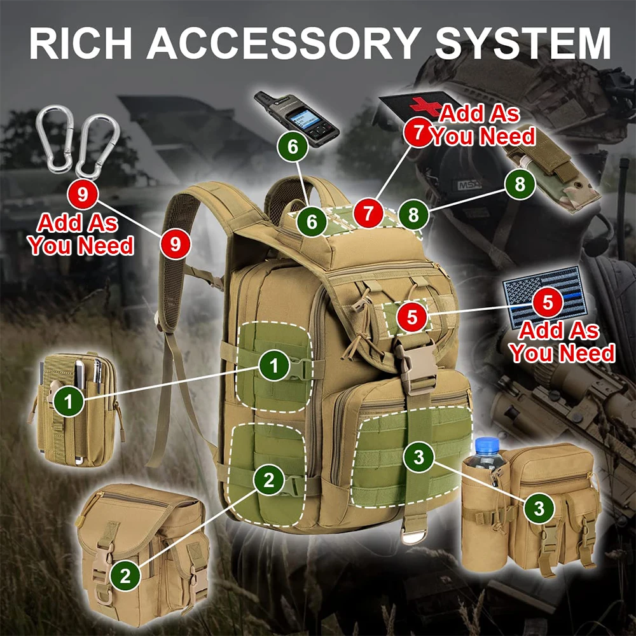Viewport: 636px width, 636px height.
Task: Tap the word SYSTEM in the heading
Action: coord(523,43)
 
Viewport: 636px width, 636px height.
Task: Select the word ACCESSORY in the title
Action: coord(283,43)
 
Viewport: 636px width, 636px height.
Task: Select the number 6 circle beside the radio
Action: coord(293,146)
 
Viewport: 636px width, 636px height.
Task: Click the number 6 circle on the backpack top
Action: coord(312,221)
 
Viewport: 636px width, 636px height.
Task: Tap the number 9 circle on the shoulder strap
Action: coord(176,244)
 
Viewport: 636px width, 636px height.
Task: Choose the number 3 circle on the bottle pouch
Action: coord(539,508)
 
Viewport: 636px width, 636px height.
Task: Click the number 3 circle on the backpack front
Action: coord(418,457)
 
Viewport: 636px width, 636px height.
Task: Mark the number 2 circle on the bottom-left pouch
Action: coord(125,576)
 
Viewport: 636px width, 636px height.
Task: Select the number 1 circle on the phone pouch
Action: coord(69,401)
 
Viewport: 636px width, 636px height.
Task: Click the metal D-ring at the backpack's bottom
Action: coord(414,534)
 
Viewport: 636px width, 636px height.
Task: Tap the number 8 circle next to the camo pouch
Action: coord(520,184)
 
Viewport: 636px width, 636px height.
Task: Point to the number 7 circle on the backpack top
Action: coord(368,213)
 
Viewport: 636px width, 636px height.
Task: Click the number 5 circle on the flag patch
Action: coord(548,301)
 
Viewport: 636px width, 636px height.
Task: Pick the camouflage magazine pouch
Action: coord(551,174)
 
